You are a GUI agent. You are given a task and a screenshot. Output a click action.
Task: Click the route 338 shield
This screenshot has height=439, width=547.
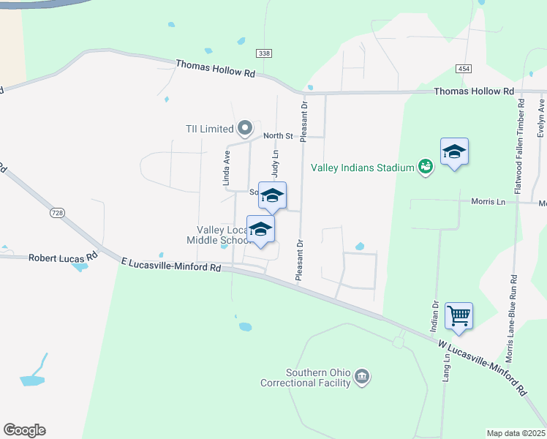click(x=264, y=53)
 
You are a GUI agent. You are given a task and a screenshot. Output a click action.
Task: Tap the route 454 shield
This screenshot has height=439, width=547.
click(x=462, y=68)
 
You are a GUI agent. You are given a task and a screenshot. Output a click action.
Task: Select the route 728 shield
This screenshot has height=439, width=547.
click(x=57, y=212)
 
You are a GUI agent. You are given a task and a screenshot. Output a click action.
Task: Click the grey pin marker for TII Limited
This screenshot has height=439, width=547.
click(x=245, y=128)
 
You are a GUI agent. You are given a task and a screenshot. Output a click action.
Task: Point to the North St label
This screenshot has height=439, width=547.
click(x=278, y=136)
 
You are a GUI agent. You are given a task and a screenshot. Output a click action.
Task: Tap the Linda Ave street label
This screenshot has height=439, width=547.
click(x=227, y=167)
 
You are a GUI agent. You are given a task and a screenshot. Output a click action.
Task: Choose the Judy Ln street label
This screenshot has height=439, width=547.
click(x=276, y=164)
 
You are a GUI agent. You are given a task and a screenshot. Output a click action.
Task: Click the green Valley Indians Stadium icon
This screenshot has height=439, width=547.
click(x=425, y=168)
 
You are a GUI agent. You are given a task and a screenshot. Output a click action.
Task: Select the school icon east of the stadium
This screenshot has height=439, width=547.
click(x=454, y=151)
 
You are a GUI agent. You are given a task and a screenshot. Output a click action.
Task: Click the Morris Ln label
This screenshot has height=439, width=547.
click(x=488, y=201)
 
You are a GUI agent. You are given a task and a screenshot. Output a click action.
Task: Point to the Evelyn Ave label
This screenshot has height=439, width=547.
click(x=541, y=117)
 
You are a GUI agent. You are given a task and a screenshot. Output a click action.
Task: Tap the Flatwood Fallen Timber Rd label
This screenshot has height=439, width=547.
click(x=521, y=147)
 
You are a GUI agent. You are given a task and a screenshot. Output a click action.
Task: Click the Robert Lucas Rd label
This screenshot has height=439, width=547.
click(x=63, y=258)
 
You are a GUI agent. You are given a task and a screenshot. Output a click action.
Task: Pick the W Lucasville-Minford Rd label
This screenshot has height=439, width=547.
click(x=483, y=367)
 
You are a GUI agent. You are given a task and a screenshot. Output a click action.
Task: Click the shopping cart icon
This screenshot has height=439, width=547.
click(x=459, y=316)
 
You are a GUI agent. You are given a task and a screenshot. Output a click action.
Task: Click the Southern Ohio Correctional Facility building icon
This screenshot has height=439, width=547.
click(x=361, y=377)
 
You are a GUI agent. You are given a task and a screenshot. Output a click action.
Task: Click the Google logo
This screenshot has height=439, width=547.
click(x=24, y=430)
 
